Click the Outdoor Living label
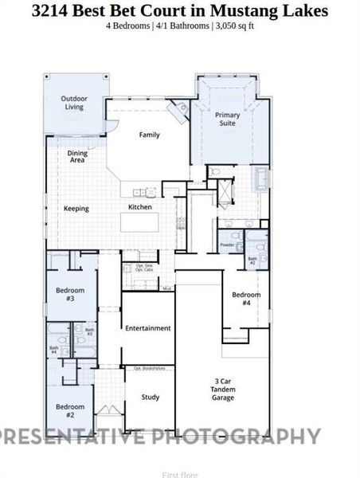pos(73,103)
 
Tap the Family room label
pos(150,135)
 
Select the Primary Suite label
pos(228,119)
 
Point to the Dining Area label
pos(77,156)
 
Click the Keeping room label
pos(76,209)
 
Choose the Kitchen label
pos(140,207)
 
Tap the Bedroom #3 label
pos(70,295)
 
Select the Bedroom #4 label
pos(246,299)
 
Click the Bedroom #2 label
pos(70,411)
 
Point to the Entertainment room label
pos(148,328)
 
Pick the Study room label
pos(151,397)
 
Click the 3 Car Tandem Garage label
pos(223,390)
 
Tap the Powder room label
pos(227,245)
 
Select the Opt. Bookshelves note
pos(149,369)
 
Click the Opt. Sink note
pos(144,265)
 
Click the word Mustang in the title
pos(252,10)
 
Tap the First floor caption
pos(180,474)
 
